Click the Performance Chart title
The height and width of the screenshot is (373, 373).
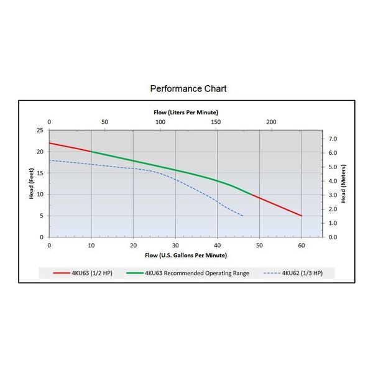click(188, 88)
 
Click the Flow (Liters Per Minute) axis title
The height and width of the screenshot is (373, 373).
click(185, 112)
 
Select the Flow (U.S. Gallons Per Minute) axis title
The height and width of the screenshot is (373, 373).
click(186, 255)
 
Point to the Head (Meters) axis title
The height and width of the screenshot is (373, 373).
click(344, 184)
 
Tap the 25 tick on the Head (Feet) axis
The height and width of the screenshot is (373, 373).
click(40, 131)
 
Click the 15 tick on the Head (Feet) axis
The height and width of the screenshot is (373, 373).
click(40, 173)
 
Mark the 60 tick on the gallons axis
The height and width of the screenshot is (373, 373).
click(302, 245)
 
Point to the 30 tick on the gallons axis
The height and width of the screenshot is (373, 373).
click(175, 245)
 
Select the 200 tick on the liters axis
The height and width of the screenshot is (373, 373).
click(271, 122)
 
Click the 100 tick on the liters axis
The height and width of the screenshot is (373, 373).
click(160, 122)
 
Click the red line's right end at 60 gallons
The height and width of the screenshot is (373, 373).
click(302, 216)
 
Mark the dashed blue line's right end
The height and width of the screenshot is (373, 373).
click(243, 216)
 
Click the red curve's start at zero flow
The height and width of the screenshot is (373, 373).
click(50, 143)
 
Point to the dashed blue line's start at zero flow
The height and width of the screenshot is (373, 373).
click(50, 160)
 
